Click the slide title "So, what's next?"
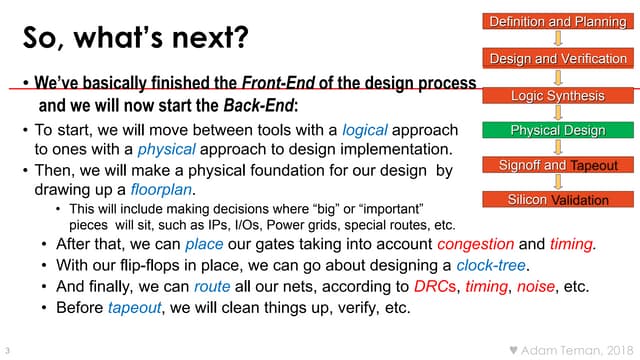click(x=136, y=40)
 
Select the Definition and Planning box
click(x=557, y=21)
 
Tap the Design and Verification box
click(x=557, y=59)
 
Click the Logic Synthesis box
click(x=557, y=96)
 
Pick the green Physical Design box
click(x=557, y=131)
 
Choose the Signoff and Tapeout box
click(x=557, y=165)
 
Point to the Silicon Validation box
click(x=557, y=200)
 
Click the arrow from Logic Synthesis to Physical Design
click(x=557, y=113)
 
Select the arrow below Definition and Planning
click(x=557, y=40)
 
